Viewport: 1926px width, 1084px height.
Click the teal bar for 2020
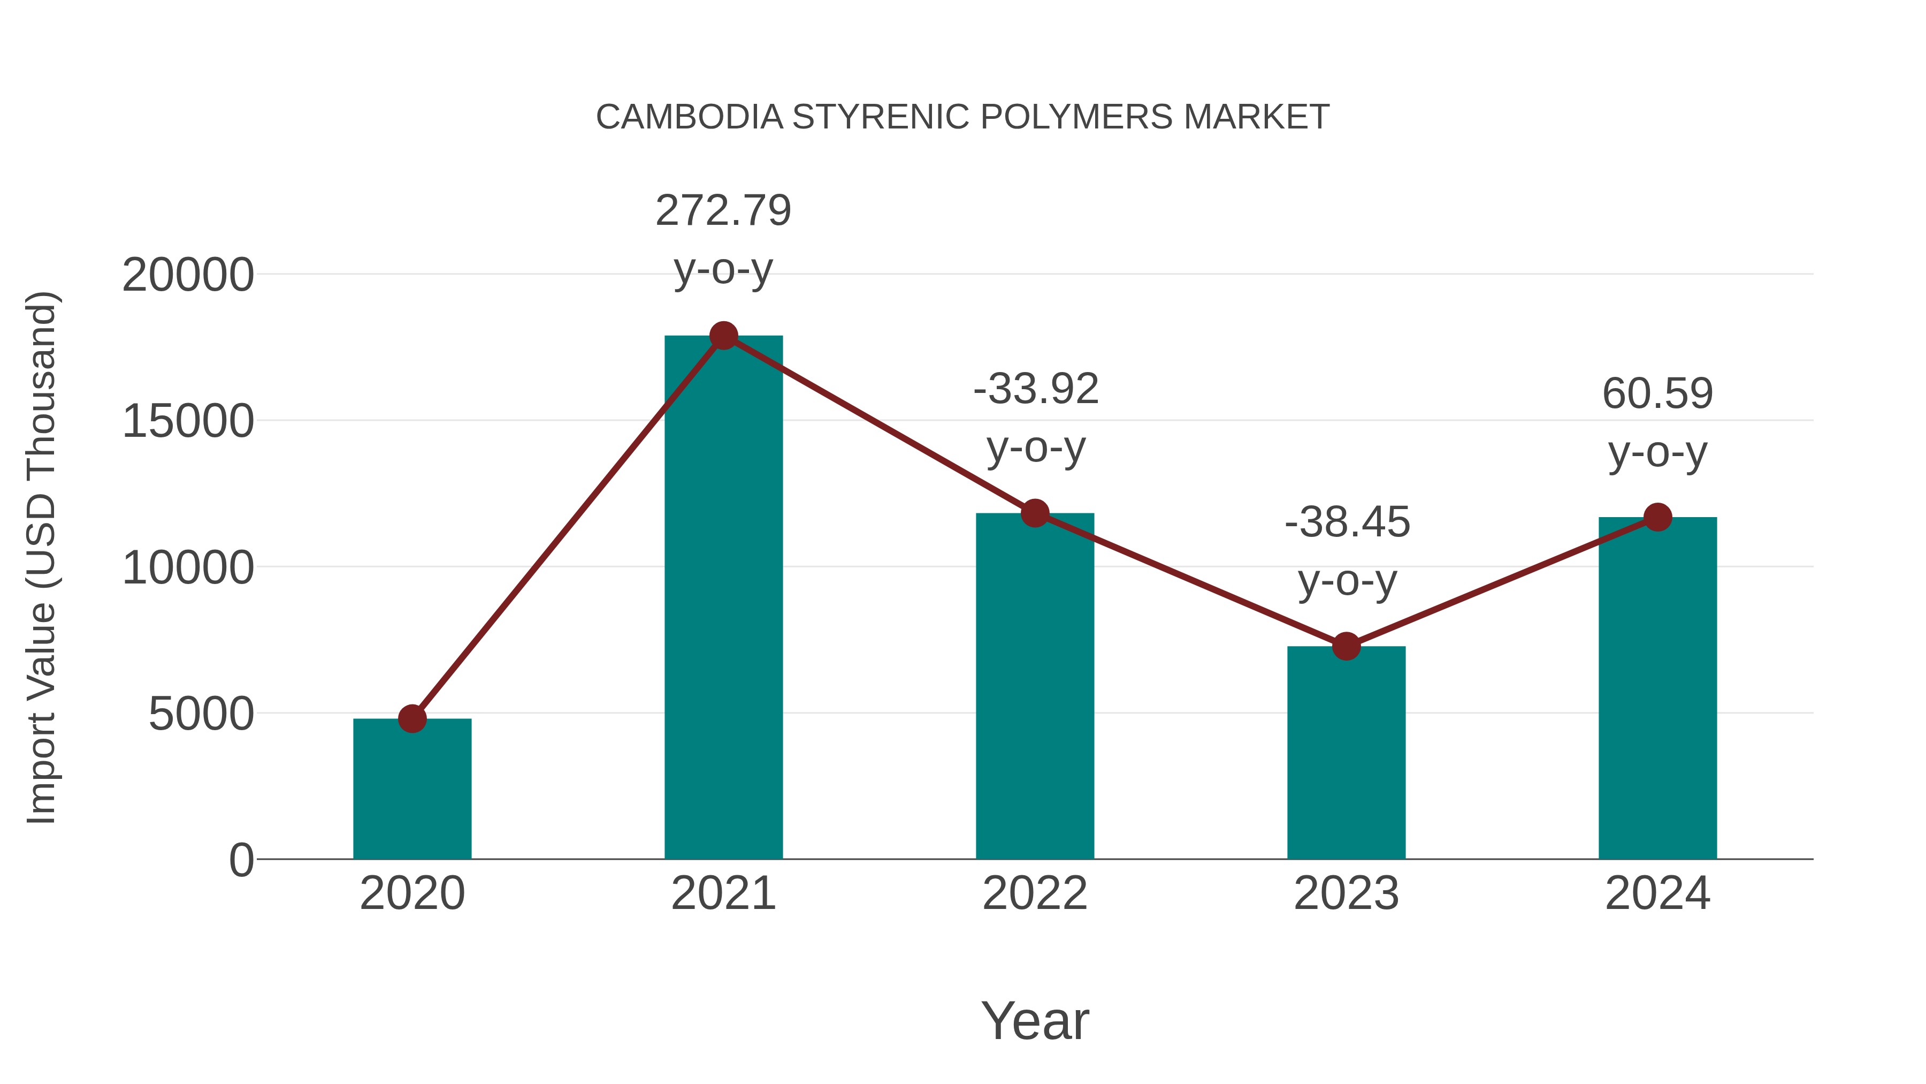point(412,789)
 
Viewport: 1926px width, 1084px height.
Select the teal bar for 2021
point(723,598)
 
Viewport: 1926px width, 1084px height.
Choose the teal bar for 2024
point(1657,688)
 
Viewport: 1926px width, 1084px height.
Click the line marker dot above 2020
point(412,719)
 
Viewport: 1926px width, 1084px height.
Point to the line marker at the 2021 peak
point(723,336)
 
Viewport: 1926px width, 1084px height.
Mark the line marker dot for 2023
point(1346,646)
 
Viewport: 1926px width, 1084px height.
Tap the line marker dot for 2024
point(1657,517)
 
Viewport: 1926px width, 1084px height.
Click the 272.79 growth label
point(723,210)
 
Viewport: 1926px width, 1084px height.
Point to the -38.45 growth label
point(1347,522)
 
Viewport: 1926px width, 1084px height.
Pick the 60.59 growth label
point(1657,393)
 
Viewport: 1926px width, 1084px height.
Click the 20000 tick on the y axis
point(188,275)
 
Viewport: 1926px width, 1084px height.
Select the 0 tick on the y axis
point(241,860)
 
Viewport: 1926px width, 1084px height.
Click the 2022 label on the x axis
point(1035,893)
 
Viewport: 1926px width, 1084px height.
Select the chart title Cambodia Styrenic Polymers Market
point(962,117)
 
